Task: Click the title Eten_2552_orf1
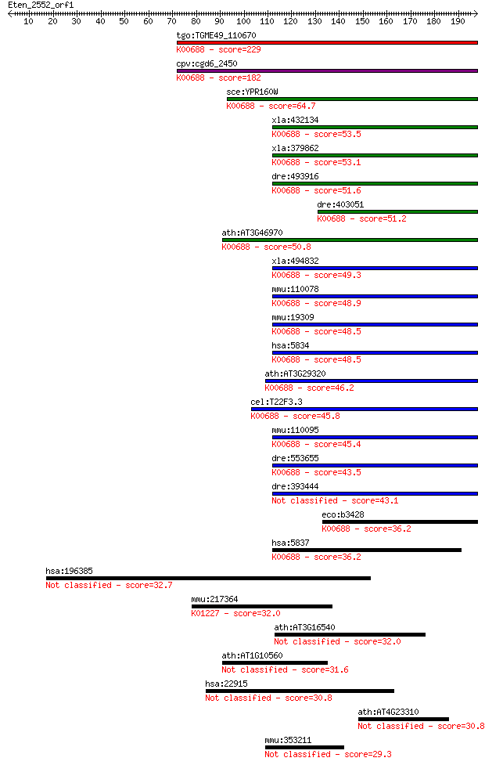tap(41, 5)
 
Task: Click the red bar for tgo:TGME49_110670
tap(327, 43)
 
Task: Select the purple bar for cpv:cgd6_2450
tap(327, 71)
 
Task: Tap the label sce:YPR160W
tap(252, 92)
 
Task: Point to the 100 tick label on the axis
tap(243, 21)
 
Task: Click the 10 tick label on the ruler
tap(29, 21)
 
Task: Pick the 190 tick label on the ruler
tap(458, 21)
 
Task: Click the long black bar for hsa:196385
tap(208, 579)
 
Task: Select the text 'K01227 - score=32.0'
tap(236, 613)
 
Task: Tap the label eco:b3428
tap(343, 514)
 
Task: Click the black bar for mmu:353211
tap(304, 748)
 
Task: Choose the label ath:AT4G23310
tap(388, 712)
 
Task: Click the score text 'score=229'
tap(239, 49)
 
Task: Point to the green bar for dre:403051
tap(397, 211)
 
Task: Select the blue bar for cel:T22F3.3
tap(365, 410)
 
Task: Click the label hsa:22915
tap(226, 684)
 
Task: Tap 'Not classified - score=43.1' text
tap(335, 500)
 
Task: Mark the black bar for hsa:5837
tap(367, 550)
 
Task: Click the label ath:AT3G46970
tap(252, 233)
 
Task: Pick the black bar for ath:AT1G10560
tap(275, 663)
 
